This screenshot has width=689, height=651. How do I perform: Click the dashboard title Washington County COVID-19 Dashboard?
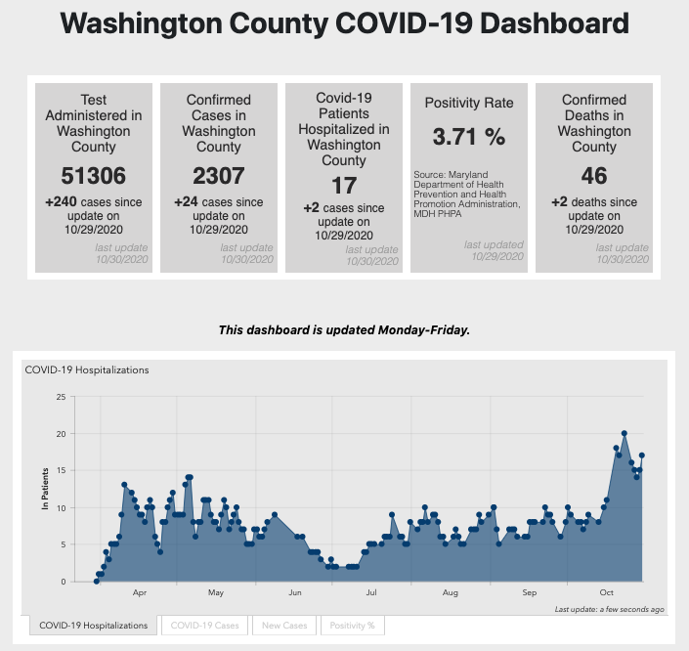(344, 24)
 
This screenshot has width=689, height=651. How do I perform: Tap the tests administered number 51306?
(94, 176)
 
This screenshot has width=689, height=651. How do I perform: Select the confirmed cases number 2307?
(218, 176)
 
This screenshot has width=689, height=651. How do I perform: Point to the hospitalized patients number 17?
(344, 185)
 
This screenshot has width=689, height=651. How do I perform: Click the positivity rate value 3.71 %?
(469, 138)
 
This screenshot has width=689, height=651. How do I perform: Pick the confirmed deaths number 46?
(594, 176)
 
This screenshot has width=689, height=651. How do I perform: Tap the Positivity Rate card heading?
(469, 103)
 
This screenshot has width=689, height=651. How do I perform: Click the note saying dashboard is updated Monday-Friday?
(344, 330)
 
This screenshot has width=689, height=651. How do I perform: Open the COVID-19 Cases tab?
(204, 626)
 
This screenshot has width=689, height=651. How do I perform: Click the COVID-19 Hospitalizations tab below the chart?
(95, 626)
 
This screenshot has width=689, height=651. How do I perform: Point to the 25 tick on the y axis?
(61, 397)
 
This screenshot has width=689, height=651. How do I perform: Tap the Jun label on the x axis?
(294, 593)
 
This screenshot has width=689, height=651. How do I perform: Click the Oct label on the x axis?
(607, 593)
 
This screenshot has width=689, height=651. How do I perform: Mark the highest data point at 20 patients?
(624, 433)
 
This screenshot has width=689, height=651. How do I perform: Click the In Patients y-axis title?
(45, 489)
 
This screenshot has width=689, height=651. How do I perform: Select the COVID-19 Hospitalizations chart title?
(87, 370)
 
